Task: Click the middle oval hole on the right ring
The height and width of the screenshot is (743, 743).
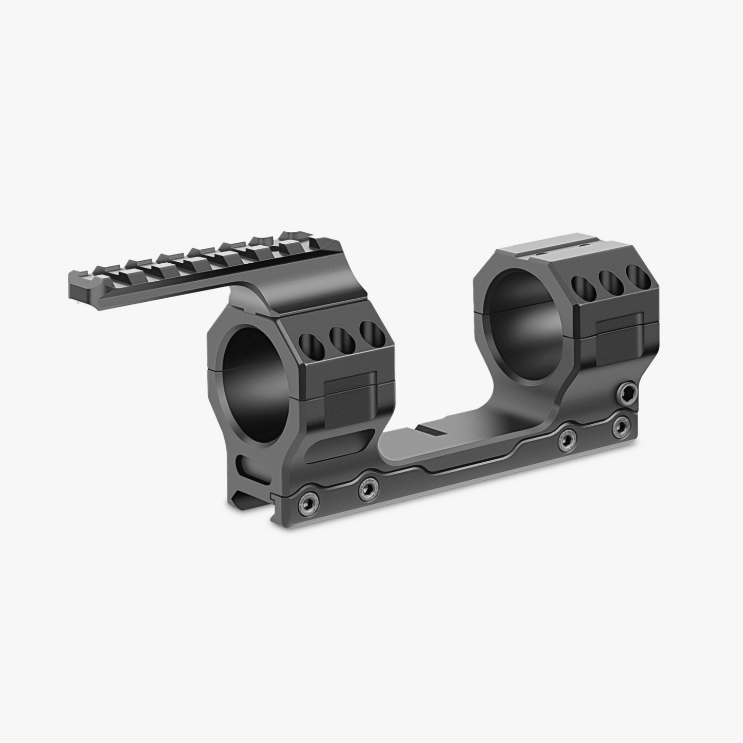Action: point(609,280)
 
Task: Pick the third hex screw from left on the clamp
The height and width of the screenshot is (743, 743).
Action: point(567,439)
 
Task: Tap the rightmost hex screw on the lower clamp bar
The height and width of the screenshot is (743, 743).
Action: point(621,427)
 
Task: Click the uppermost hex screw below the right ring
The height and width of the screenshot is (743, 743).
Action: point(628,392)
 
